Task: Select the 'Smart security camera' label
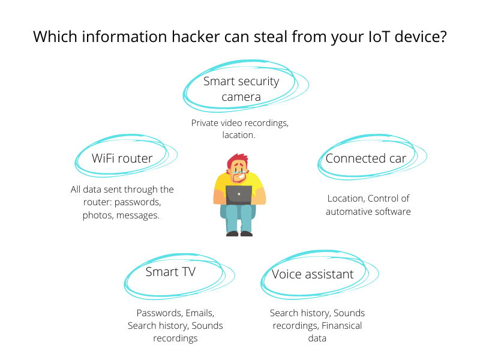(241, 88)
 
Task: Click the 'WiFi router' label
(122, 158)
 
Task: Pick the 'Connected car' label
(366, 158)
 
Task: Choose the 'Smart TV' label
(170, 272)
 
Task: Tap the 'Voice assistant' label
(313, 274)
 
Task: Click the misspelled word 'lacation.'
(239, 136)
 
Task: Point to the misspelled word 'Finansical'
(341, 326)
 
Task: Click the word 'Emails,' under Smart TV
(198, 313)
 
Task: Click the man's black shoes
(239, 233)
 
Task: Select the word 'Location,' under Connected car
(346, 199)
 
